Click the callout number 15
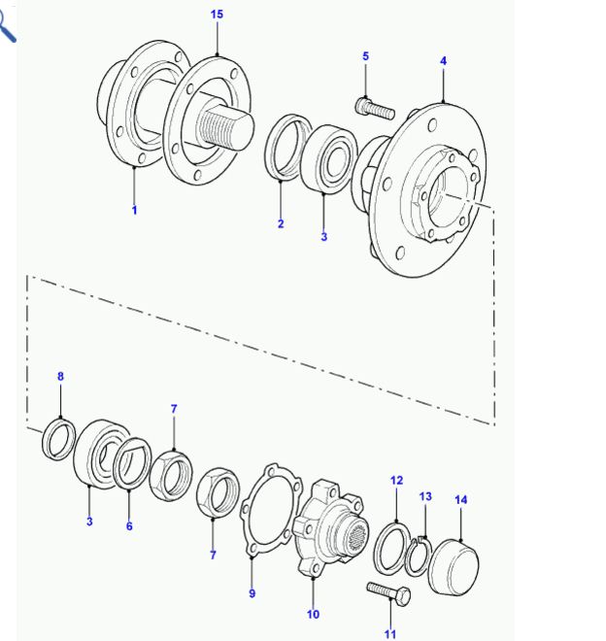click(217, 15)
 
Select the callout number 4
click(443, 61)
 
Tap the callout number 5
click(365, 56)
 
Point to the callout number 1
click(134, 210)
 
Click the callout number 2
click(281, 223)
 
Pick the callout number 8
click(60, 376)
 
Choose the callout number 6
click(129, 525)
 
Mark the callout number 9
click(252, 593)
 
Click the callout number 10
click(313, 614)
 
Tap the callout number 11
click(390, 634)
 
